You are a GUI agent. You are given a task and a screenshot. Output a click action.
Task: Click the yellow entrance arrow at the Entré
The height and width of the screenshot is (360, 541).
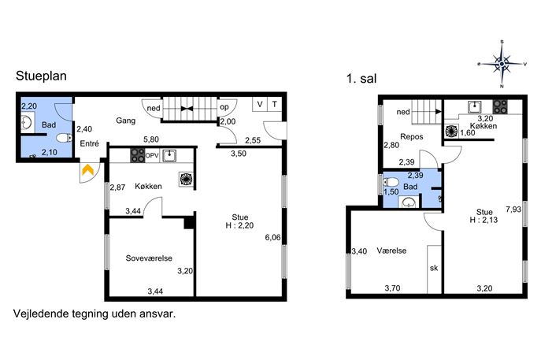click(x=88, y=170)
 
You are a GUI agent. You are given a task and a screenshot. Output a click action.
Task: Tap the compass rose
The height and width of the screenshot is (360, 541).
click(x=502, y=64)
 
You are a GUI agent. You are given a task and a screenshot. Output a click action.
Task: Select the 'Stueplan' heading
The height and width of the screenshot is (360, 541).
click(x=41, y=76)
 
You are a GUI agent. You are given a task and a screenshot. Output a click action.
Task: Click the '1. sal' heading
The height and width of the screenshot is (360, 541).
click(x=361, y=79)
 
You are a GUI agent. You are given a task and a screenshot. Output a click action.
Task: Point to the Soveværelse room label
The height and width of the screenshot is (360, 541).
click(x=149, y=258)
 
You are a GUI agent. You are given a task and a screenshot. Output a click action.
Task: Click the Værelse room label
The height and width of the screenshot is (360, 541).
click(x=391, y=251)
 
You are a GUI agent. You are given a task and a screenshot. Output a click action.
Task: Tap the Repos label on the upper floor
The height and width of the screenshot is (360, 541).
click(x=412, y=137)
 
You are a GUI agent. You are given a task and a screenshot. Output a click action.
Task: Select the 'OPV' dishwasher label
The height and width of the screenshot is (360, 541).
click(x=152, y=156)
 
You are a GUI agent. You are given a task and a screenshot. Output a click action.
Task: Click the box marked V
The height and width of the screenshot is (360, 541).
click(x=260, y=104)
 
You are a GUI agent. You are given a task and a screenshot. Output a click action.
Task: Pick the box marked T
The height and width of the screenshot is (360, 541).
click(x=274, y=104)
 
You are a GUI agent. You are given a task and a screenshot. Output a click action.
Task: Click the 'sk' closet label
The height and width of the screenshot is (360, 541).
click(x=434, y=268)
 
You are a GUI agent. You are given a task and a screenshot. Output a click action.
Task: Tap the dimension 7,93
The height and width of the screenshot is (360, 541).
click(x=513, y=210)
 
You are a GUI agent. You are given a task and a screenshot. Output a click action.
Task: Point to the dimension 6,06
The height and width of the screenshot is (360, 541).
click(x=272, y=237)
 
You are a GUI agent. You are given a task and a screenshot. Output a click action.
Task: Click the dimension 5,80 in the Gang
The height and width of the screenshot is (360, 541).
click(x=151, y=139)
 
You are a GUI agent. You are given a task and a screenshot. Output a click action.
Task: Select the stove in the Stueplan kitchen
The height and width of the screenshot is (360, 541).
click(x=137, y=155)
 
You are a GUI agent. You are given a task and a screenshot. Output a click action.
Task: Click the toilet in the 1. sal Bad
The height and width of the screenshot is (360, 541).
click(x=391, y=181)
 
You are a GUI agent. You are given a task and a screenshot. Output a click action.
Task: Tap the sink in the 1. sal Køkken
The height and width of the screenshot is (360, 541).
click(x=475, y=106)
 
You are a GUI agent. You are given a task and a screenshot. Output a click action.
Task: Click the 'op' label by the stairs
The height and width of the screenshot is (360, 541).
click(x=224, y=107)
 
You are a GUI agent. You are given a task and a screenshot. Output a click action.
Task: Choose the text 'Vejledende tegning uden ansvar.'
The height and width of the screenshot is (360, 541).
click(x=94, y=314)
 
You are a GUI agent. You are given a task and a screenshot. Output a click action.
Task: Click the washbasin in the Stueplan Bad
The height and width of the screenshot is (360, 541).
click(x=27, y=123)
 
